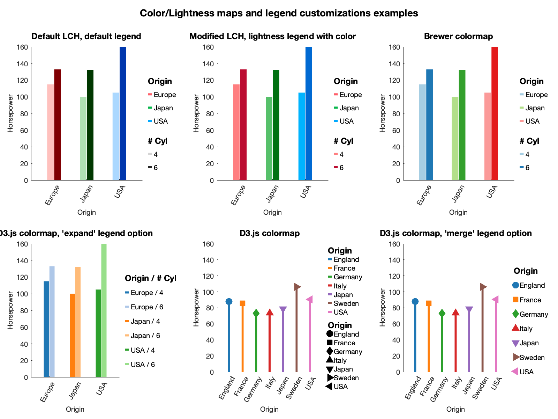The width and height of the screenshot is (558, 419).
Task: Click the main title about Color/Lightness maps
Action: (279, 13)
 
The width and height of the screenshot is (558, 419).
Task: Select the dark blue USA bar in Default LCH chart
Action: (123, 113)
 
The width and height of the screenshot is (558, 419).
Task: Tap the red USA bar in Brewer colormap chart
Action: (495, 113)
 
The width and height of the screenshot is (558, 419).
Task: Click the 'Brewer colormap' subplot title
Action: (458, 36)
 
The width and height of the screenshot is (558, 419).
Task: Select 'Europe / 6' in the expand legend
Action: (147, 307)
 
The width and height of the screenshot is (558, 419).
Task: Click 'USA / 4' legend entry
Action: (143, 350)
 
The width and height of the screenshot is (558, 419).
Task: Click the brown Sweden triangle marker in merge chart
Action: (483, 287)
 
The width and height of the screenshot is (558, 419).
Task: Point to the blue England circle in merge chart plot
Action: (415, 302)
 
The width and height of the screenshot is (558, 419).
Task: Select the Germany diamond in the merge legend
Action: (515, 314)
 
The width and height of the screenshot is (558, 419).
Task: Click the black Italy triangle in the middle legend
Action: (330, 360)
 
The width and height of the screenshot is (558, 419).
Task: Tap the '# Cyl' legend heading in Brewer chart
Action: (529, 141)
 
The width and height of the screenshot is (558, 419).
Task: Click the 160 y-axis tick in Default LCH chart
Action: (22, 47)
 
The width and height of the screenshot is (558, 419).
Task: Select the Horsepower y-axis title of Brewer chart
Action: (383, 113)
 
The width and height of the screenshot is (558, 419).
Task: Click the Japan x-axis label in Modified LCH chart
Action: (272, 193)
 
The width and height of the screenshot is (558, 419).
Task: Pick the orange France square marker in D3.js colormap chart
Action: (242, 303)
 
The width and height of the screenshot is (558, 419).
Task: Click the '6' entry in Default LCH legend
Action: (156, 168)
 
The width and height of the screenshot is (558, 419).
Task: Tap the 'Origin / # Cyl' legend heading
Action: (150, 278)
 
